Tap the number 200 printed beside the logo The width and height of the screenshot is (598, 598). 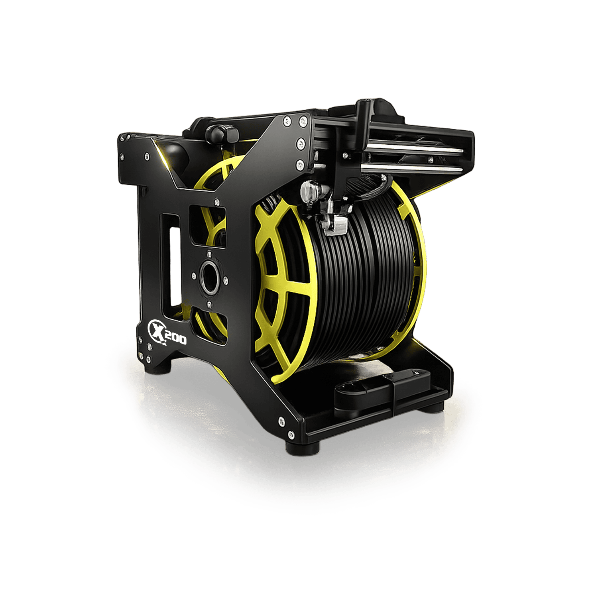[x=175, y=338]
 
